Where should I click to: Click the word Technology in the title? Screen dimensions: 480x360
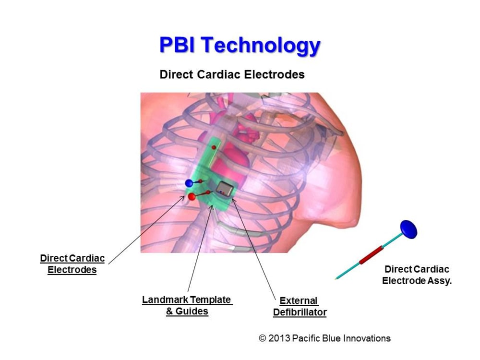[260, 46]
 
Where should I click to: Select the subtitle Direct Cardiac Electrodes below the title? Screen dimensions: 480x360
[232, 75]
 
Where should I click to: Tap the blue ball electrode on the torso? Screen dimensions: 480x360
[189, 183]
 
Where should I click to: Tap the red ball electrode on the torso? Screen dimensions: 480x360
[192, 197]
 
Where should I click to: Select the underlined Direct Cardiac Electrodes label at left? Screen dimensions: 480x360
[72, 264]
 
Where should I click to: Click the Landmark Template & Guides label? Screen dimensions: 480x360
[187, 305]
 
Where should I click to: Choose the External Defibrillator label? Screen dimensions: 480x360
[300, 306]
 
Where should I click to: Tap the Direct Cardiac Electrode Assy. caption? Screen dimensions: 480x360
[417, 275]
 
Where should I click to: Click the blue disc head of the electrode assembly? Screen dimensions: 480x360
[408, 229]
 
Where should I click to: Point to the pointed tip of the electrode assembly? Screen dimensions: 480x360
[337, 278]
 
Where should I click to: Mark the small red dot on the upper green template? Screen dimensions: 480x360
[214, 147]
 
